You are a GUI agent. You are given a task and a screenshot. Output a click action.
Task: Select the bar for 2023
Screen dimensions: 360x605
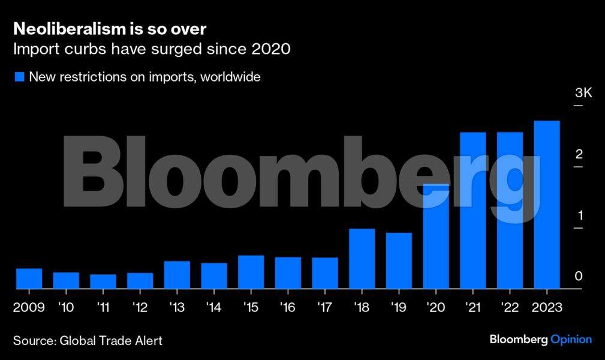tap(546, 205)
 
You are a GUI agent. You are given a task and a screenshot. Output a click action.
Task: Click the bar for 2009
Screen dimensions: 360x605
tap(29, 278)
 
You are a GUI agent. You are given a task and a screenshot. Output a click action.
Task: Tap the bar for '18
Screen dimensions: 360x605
tap(362, 259)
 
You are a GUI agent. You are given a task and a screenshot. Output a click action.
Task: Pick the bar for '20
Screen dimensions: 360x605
tap(436, 236)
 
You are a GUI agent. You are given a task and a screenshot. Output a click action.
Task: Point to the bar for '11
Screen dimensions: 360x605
tap(103, 281)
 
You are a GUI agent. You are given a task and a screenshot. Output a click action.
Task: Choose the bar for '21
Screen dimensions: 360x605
tap(472, 211)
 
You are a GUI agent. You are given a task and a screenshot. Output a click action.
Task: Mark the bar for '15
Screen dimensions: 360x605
tap(251, 272)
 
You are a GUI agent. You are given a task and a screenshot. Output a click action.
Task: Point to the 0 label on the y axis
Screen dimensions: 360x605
tap(579, 276)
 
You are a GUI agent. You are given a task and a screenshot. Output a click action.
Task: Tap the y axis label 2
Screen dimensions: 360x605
tap(579, 154)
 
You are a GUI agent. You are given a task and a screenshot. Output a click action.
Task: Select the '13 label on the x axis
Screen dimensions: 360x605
tap(177, 307)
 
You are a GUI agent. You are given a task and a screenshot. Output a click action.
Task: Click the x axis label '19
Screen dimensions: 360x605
tap(398, 307)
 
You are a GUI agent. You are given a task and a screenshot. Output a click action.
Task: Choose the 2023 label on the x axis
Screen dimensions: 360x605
tap(546, 307)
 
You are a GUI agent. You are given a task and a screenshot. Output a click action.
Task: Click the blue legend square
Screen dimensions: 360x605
tap(19, 77)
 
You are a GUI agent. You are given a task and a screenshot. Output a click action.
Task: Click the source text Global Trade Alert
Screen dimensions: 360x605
tap(111, 340)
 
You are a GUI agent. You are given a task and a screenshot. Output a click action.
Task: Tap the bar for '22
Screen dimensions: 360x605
tap(510, 211)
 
